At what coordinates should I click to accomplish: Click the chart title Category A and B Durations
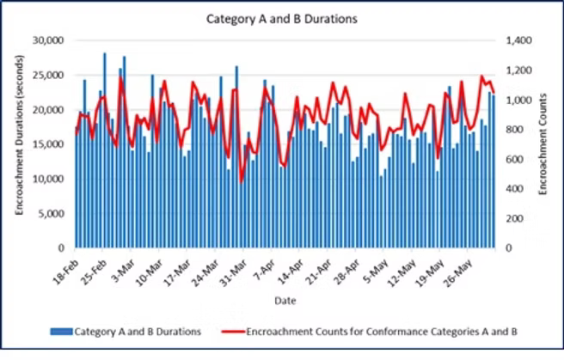pyautogui.click(x=282, y=17)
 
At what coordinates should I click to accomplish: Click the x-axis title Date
pyautogui.click(x=285, y=301)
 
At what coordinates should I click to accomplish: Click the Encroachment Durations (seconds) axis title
pyautogui.click(x=19, y=143)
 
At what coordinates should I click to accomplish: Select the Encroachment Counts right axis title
pyautogui.click(x=544, y=143)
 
